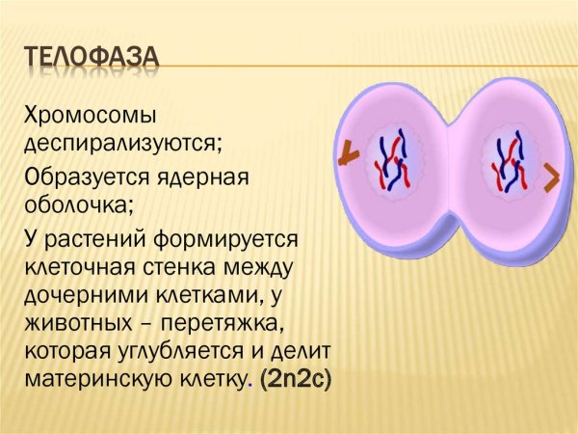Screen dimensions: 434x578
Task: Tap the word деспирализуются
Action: [x=122, y=144]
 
